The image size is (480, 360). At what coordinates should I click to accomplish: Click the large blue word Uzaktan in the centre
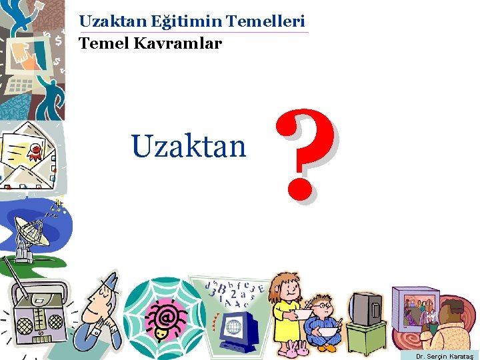tap(189, 146)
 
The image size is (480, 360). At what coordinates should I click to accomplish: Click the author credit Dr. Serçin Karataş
tap(444, 356)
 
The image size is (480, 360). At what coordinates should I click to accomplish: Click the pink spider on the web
tap(162, 313)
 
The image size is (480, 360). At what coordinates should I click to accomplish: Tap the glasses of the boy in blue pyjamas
tap(323, 306)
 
